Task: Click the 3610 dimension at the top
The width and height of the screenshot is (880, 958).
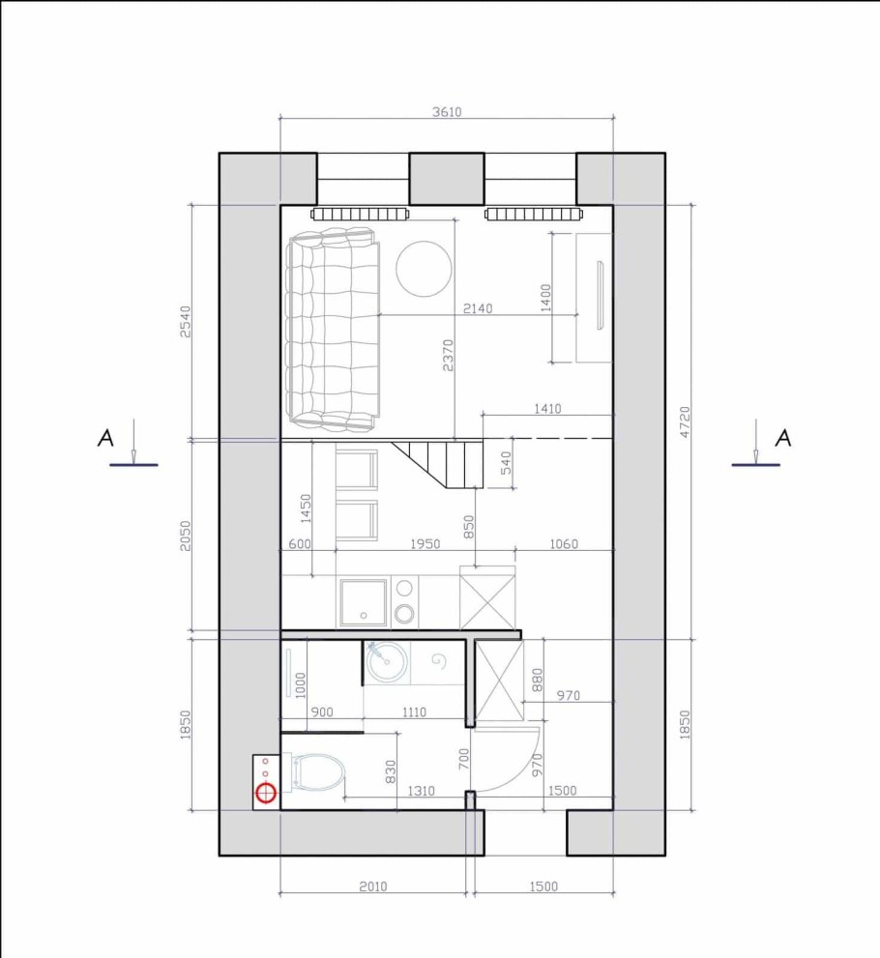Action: pos(447,112)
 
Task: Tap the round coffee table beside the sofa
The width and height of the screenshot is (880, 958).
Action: pos(425,269)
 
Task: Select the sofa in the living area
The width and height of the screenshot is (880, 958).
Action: pos(333,329)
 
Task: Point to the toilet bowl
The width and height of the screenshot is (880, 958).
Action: pos(319,772)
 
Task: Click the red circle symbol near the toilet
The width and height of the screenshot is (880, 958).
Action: pos(266,793)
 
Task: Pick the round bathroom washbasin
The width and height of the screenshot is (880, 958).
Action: pos(387,661)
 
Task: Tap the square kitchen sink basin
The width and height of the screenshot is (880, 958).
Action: pos(364,602)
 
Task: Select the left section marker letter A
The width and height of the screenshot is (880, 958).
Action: pos(105,438)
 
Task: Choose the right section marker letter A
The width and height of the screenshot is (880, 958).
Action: pos(783,438)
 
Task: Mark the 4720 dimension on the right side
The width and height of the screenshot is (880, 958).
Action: pos(685,421)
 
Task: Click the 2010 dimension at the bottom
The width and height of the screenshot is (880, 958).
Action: pos(372,885)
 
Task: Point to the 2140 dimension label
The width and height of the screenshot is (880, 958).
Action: pos(478,308)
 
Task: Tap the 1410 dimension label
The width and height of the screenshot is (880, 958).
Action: pos(547,408)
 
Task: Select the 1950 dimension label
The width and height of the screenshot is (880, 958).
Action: pos(425,543)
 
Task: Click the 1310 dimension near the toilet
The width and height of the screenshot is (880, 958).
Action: pos(421,791)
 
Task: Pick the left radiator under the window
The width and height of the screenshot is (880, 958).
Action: pos(360,214)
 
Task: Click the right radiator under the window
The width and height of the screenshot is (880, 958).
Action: pos(535,214)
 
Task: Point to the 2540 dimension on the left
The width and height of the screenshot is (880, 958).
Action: pos(185,321)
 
